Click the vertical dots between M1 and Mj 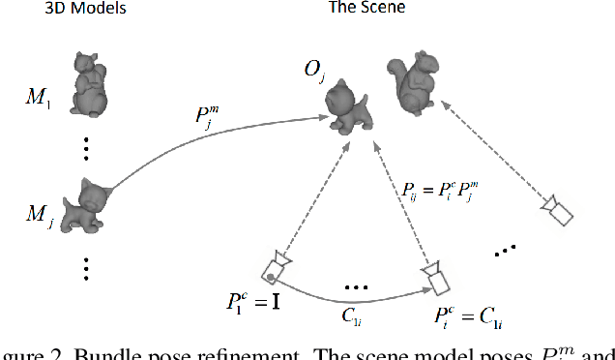(87, 147)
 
